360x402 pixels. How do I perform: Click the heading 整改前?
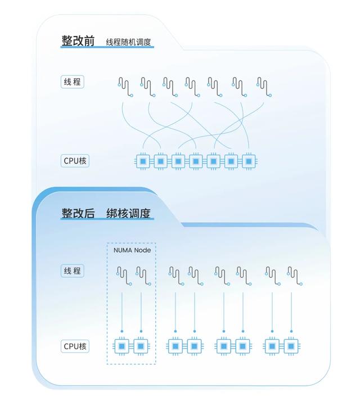(x=78, y=40)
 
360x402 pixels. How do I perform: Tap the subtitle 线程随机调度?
(x=128, y=42)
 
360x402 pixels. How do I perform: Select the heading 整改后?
(x=78, y=213)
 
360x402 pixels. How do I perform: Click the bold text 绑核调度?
(x=128, y=213)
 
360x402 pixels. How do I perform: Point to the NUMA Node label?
(x=132, y=250)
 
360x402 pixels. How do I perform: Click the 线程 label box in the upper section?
(x=73, y=82)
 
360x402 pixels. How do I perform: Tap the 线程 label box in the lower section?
(x=73, y=271)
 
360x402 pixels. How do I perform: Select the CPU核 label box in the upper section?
(x=75, y=161)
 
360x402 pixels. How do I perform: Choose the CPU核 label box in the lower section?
(x=75, y=346)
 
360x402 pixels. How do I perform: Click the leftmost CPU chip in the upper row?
(x=143, y=161)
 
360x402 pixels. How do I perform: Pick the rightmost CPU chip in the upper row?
(x=249, y=161)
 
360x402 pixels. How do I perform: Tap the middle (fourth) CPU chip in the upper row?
(x=196, y=161)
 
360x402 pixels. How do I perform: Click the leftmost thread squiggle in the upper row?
(x=125, y=88)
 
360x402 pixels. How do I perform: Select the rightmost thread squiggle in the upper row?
(x=264, y=88)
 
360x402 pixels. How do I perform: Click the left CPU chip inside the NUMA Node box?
(x=122, y=346)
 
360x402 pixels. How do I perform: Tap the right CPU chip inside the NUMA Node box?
(x=141, y=346)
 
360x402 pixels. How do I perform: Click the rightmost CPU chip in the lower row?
(x=291, y=346)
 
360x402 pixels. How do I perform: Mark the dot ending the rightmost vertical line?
(x=291, y=331)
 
